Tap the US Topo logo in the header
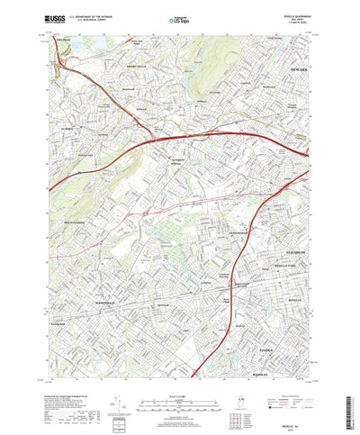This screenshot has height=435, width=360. [x=178, y=17]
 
